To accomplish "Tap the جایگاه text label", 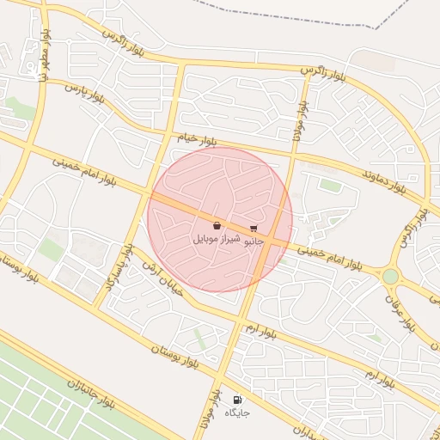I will (237, 413).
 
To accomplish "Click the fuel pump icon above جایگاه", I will (237, 400).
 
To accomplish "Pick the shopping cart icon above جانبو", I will (254, 229).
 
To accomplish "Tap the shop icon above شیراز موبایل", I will (217, 225).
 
